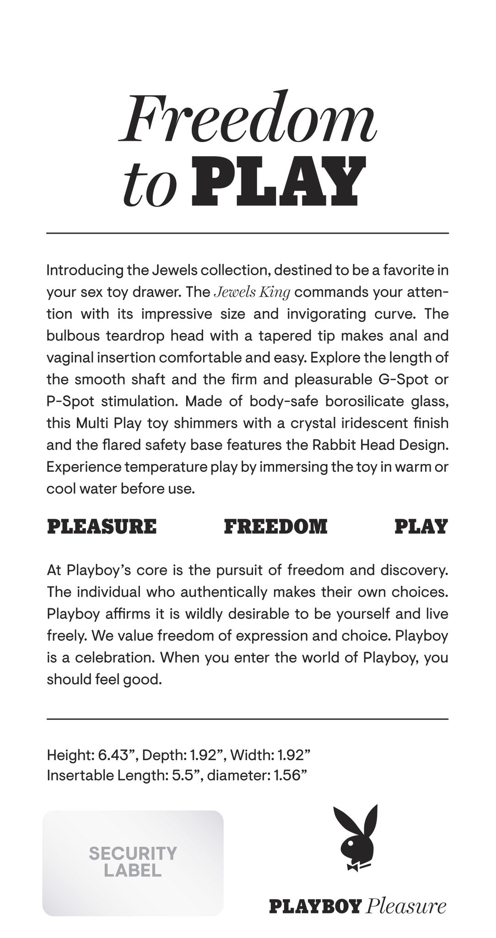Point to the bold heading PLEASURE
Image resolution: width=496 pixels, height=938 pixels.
click(102, 527)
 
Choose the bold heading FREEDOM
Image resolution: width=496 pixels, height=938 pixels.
click(275, 527)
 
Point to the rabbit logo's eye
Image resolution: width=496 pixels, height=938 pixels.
click(350, 842)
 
